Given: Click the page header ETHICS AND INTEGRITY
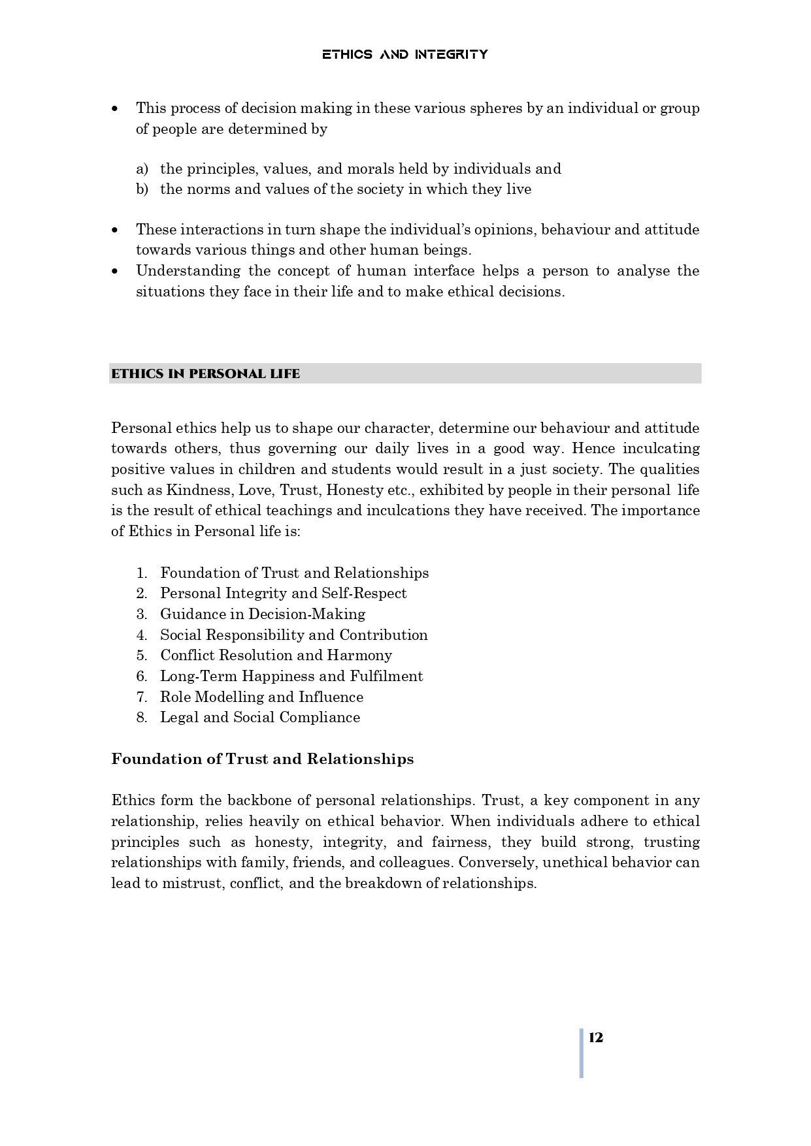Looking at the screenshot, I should click(x=405, y=54).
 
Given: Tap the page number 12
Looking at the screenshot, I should click(x=595, y=1038).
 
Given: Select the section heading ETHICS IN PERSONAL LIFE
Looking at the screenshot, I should click(x=205, y=374).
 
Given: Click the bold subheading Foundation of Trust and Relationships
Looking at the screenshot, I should click(x=262, y=759).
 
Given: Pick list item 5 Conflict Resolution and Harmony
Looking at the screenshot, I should click(x=276, y=655).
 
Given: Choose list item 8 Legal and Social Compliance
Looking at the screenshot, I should click(x=259, y=717).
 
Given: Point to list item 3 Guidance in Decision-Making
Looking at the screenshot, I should click(x=262, y=614).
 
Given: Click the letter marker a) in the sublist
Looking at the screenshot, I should click(x=142, y=169).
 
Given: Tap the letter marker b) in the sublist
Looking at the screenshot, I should click(x=142, y=189).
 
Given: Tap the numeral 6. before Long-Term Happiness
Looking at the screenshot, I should click(x=142, y=676).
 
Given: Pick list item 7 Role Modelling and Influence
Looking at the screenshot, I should click(x=261, y=697).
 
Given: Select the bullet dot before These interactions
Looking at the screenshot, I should click(x=116, y=230).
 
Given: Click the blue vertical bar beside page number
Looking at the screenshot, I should click(x=581, y=1053).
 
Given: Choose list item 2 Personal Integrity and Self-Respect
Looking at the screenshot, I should click(x=283, y=593).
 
